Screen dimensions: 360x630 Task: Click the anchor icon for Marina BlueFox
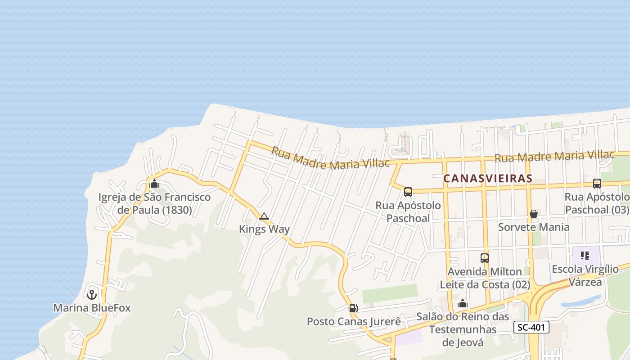92,295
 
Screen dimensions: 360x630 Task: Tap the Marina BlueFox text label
92,308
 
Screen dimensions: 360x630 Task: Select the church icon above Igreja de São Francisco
154,184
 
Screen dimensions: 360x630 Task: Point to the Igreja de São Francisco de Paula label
154,203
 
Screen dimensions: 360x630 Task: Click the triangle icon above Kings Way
264,216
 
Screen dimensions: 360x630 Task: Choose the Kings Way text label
264,229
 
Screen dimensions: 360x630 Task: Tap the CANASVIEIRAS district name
488,179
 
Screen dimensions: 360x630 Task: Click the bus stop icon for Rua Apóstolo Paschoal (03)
597,184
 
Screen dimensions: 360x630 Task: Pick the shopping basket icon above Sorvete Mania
534,214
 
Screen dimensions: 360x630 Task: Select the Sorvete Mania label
534,227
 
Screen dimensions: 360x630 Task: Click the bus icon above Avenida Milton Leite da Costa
485,258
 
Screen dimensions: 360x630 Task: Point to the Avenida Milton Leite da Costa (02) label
485,278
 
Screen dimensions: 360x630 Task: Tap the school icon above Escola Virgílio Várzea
585,256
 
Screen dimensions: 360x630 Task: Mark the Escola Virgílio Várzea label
585,275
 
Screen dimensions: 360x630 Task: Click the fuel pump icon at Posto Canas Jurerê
353,308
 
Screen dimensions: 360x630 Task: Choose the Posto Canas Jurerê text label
353,322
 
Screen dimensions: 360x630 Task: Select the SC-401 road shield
531,327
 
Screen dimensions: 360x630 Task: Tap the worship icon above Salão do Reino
462,304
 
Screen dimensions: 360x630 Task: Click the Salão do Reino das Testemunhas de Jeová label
463,329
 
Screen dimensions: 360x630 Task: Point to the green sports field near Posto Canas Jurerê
390,293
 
